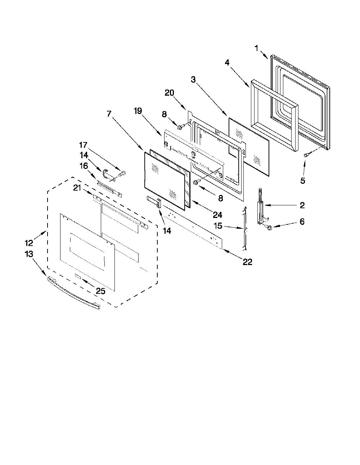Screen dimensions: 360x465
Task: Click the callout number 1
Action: click(257, 48)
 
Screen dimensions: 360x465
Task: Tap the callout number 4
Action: click(227, 63)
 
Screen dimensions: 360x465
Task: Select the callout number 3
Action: click(193, 80)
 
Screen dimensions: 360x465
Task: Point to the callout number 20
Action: click(169, 93)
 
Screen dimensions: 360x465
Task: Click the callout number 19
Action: click(138, 111)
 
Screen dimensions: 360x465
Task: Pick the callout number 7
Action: click(109, 114)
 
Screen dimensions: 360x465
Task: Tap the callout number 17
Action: click(83, 145)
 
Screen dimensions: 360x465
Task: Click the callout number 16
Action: click(84, 166)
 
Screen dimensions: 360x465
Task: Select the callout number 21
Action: click(77, 188)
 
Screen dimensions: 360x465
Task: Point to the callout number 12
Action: click(29, 243)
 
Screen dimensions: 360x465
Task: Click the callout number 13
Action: click(29, 254)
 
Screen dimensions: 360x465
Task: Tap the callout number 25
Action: click(100, 291)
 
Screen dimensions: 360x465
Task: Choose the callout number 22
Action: click(247, 262)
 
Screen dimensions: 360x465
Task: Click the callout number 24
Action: click(217, 215)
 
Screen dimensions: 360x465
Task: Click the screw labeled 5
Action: click(306, 155)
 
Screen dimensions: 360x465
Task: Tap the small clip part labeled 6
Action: click(269, 227)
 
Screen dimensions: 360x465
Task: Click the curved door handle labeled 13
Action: click(73, 292)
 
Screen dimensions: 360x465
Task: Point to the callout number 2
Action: click(302, 205)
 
